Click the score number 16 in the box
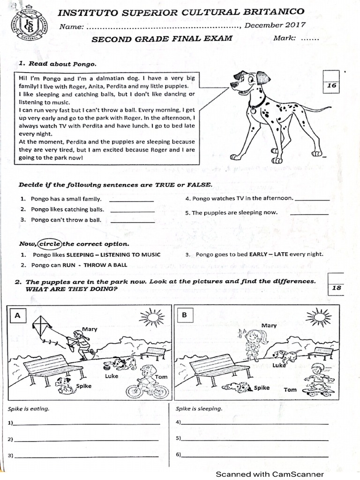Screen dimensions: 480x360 pos(332,86)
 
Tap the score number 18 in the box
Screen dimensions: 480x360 pos(337,288)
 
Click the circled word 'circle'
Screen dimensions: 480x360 pos(49,244)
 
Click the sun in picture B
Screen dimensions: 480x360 pos(318,318)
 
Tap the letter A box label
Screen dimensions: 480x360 pos(17,316)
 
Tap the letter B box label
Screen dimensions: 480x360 pos(184,315)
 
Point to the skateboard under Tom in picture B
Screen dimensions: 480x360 pos(318,391)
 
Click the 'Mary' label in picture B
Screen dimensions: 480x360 pos(269,325)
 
